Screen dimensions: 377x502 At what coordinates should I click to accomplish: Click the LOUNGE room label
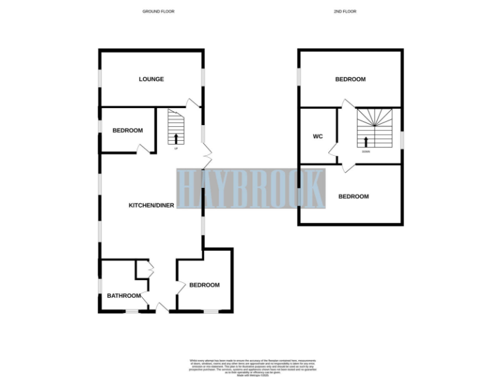151,79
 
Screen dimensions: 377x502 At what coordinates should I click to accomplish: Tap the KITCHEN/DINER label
151,206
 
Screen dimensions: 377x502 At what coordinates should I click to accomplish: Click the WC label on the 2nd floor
318,137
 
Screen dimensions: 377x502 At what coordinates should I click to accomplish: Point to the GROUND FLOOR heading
158,12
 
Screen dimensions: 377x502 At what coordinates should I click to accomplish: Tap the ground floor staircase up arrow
176,137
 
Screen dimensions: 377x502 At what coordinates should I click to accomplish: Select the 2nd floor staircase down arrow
365,141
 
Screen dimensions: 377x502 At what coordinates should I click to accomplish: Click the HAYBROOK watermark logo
251,188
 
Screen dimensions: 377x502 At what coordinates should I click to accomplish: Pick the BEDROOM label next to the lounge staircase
127,130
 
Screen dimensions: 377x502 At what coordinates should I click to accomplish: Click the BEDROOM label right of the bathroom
205,285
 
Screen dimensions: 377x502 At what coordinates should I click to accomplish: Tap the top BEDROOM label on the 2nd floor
350,79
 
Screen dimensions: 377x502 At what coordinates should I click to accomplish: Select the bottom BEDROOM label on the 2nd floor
353,196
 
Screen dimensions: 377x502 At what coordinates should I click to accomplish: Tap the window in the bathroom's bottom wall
133,312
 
